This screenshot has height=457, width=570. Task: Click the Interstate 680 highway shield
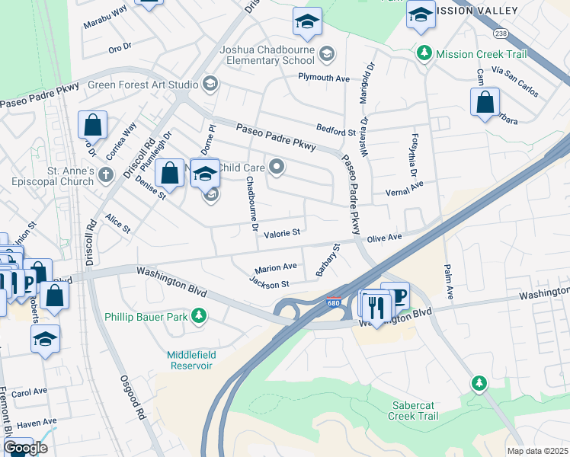(x=333, y=303)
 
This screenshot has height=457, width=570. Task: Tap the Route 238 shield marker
(x=500, y=34)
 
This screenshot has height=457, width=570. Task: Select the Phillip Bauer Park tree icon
(x=199, y=315)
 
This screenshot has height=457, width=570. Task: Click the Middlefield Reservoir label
(x=190, y=360)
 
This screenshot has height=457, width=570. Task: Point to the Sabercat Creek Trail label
(x=415, y=411)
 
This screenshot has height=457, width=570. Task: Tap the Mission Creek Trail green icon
(x=424, y=54)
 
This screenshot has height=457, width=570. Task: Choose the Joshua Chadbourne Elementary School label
(x=267, y=55)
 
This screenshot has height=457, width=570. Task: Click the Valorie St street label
(x=282, y=233)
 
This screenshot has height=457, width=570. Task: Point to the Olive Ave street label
(x=384, y=238)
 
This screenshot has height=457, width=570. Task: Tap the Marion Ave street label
(x=276, y=268)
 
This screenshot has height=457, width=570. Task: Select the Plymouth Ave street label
(x=323, y=78)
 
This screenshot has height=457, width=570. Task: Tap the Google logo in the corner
(x=25, y=448)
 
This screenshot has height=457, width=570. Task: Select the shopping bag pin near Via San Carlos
(x=485, y=103)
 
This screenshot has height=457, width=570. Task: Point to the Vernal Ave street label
(x=404, y=189)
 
